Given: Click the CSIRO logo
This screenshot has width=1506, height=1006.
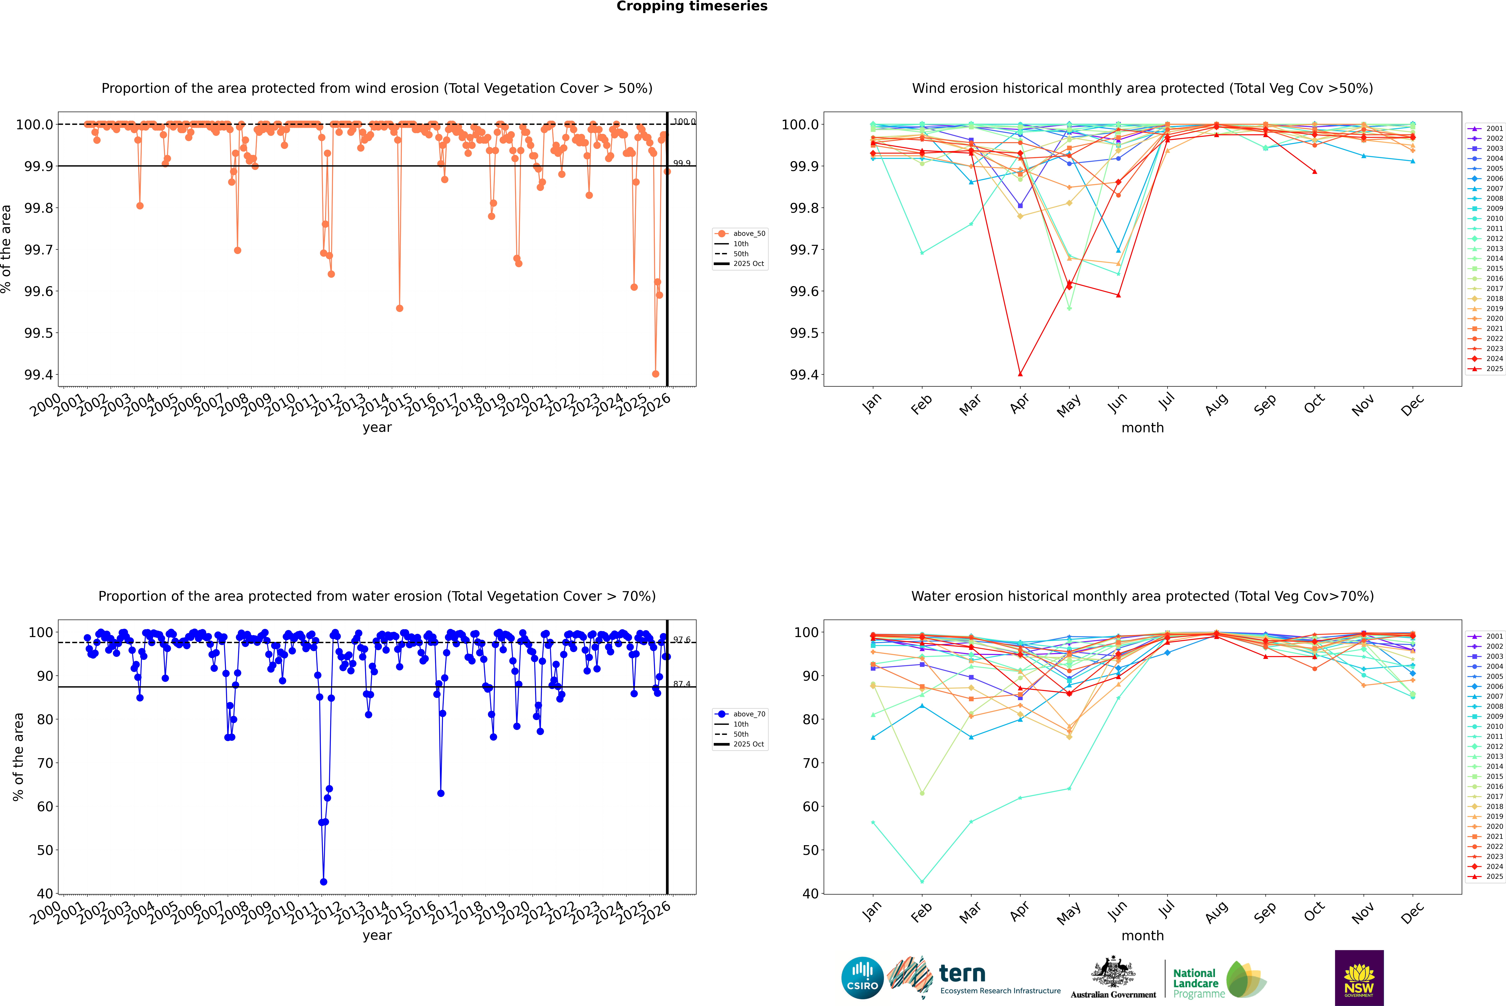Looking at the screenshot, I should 862,978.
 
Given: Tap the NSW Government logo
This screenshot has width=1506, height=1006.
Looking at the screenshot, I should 1359,978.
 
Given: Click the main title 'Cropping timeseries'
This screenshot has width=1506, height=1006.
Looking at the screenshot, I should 691,6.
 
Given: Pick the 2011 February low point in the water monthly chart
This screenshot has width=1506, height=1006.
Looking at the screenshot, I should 922,881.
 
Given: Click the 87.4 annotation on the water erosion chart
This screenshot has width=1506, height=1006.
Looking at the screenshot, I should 682,684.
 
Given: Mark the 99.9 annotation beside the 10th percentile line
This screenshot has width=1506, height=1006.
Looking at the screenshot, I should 682,163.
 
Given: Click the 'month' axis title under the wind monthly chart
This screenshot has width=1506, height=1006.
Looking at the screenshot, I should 1142,428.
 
